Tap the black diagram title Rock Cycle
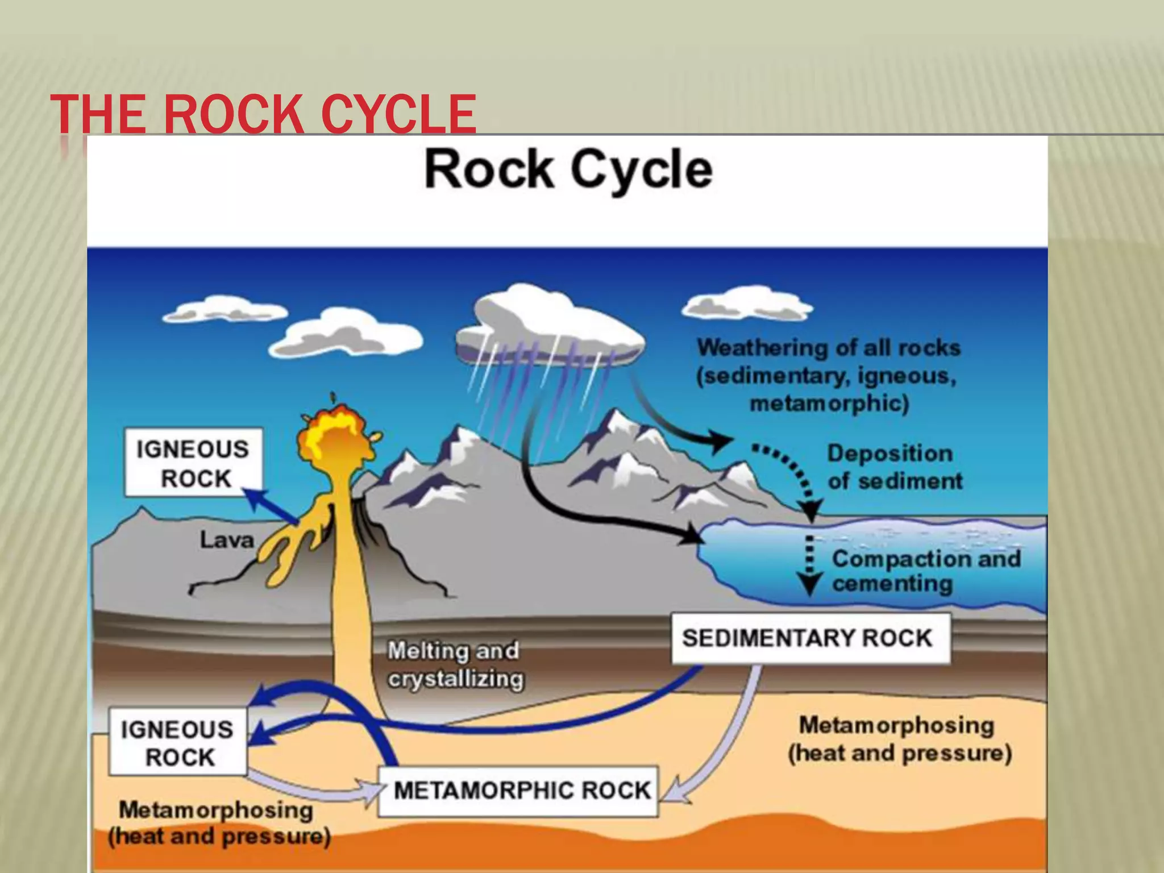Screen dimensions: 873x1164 [568, 169]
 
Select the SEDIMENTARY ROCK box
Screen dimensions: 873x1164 [810, 638]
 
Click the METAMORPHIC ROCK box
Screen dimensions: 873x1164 [518, 791]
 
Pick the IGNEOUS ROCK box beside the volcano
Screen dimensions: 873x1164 [193, 463]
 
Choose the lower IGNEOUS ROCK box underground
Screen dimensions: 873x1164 [178, 742]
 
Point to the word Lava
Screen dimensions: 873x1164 [226, 540]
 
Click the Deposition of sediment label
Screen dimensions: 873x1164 [894, 467]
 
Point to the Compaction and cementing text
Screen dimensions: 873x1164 [925, 571]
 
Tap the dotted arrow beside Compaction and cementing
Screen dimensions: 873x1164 [809, 566]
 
